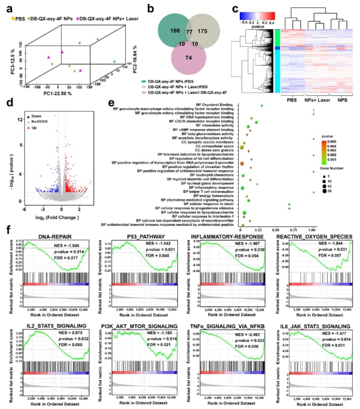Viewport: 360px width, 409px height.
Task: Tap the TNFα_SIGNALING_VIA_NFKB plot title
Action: [225, 311]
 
